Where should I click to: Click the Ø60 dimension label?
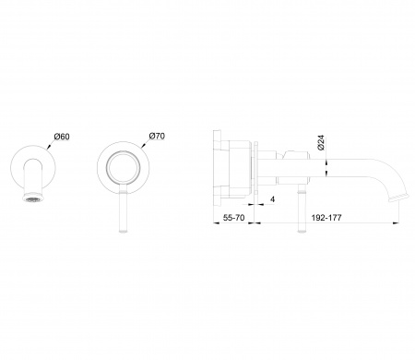click(62, 137)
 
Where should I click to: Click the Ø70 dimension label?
click(157, 136)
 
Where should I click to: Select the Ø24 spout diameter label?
click(321, 142)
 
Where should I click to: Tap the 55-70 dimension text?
click(233, 218)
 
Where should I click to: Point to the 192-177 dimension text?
click(326, 218)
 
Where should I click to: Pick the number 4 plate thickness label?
click(272, 199)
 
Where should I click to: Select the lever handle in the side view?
click(302, 209)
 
